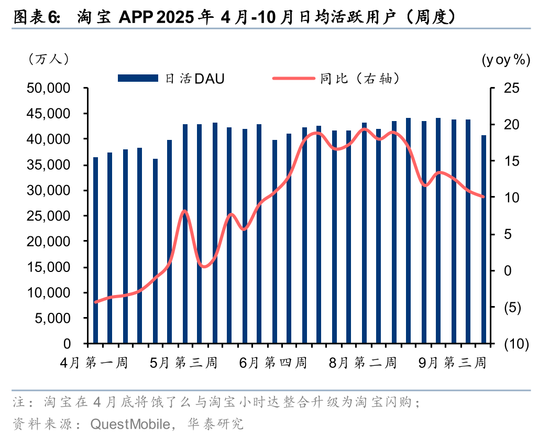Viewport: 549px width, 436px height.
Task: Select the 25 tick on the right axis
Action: (x=511, y=88)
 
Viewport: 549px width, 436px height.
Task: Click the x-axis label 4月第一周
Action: (x=94, y=363)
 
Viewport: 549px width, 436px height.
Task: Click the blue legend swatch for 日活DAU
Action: (x=138, y=79)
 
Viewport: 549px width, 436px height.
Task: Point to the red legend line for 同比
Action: (x=294, y=79)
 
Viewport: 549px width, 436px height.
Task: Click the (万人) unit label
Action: (x=48, y=59)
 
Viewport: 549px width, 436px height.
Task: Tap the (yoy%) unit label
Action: (x=506, y=60)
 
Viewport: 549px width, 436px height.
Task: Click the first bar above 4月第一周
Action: (x=95, y=250)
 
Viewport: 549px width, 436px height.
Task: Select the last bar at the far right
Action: (x=484, y=239)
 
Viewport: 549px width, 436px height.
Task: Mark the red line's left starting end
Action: (x=95, y=302)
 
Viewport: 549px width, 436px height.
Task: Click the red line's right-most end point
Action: (x=484, y=197)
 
